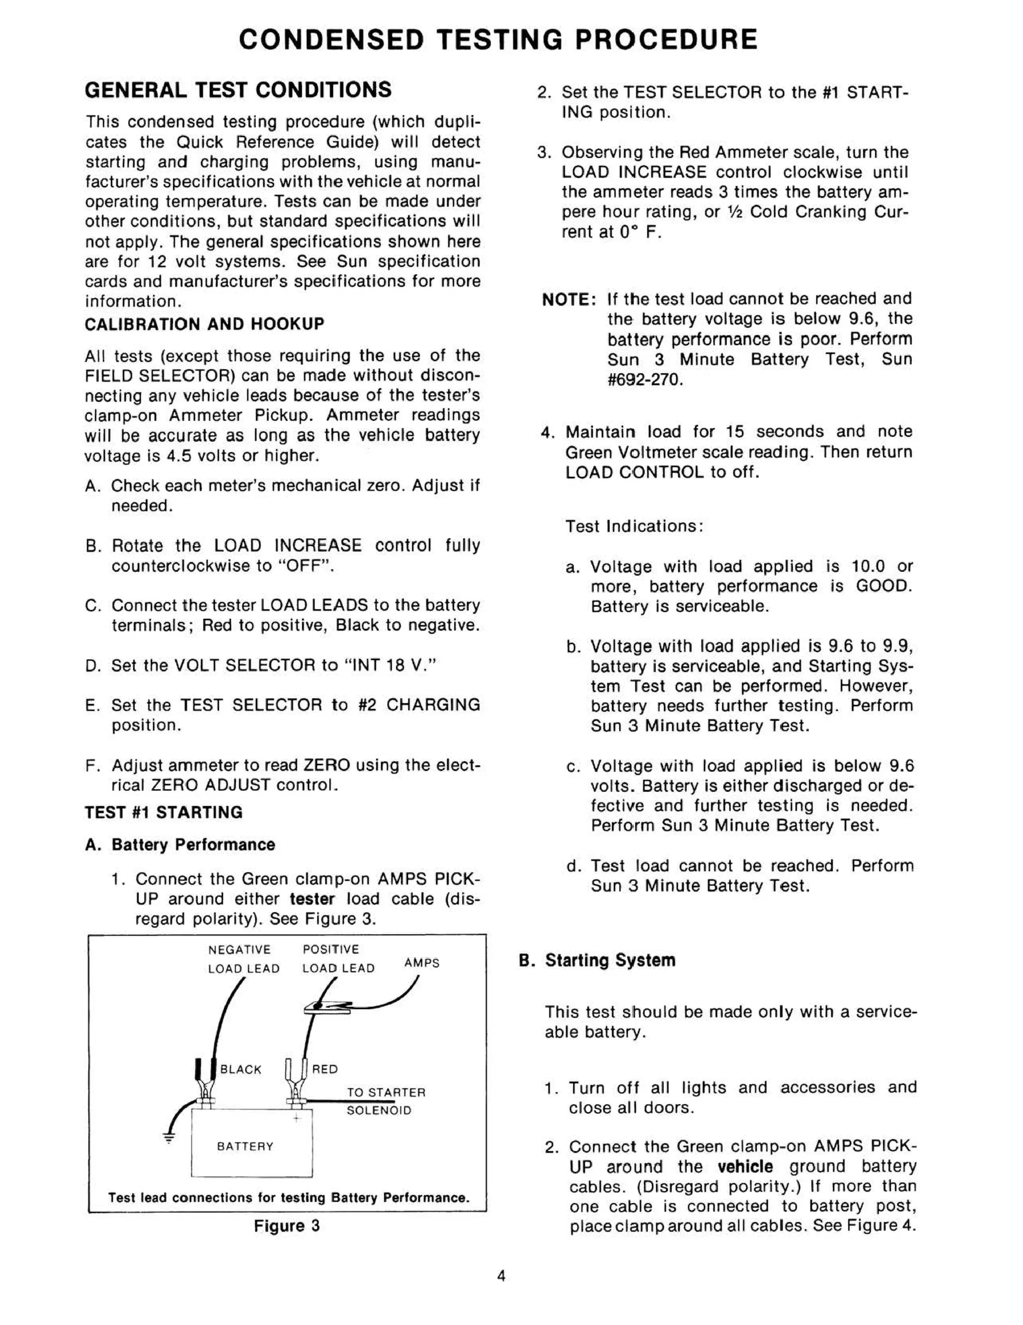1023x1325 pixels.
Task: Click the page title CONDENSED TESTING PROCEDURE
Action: [x=498, y=40]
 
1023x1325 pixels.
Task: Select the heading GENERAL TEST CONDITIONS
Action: [x=238, y=90]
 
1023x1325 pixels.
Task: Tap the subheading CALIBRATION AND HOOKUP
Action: [x=204, y=324]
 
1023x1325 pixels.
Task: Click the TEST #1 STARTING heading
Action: [x=164, y=812]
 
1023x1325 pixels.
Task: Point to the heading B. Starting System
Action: [x=597, y=960]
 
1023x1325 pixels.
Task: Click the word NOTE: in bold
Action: [x=569, y=300]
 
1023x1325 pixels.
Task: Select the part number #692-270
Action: [x=644, y=380]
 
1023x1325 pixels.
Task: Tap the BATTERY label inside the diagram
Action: [x=245, y=1146]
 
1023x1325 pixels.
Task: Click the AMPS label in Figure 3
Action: [x=422, y=963]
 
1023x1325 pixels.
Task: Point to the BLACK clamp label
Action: [x=240, y=1069]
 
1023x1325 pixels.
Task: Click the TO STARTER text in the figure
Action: [x=386, y=1092]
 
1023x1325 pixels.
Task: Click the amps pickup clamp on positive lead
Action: [x=328, y=1008]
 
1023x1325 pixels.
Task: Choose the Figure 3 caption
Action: [x=286, y=1226]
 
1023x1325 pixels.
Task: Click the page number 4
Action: [x=501, y=1276]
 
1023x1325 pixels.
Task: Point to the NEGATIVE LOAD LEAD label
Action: [x=243, y=959]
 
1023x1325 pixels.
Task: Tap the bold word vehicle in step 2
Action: [x=745, y=1166]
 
